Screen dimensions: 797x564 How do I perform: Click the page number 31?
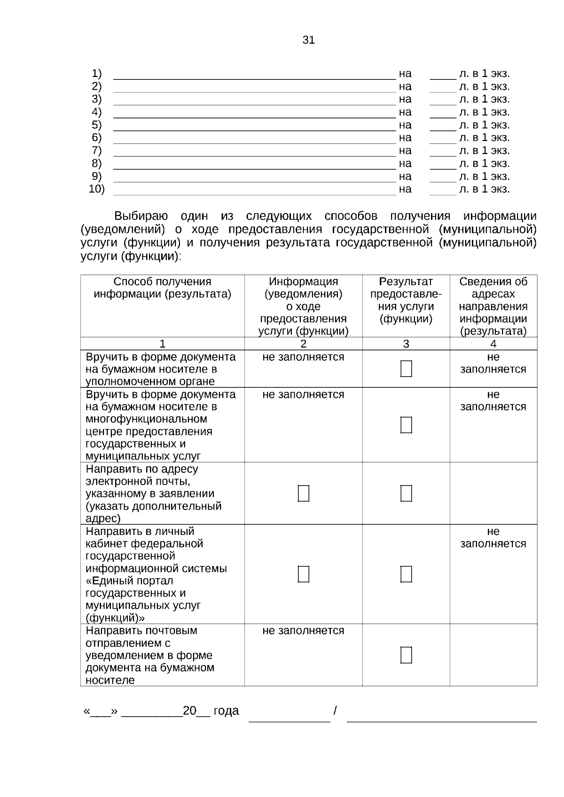308,40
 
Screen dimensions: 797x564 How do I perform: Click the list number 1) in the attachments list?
96,74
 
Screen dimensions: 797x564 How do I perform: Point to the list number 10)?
96,189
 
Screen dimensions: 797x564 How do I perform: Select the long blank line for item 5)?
254,129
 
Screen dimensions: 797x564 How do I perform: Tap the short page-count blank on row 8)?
443,168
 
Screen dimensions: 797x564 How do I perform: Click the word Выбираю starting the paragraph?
141,217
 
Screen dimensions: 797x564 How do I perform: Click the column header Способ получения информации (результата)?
162,288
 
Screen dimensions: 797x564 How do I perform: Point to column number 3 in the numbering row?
406,344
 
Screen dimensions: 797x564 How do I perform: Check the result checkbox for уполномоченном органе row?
406,369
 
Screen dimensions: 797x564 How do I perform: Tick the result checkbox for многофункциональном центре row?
406,425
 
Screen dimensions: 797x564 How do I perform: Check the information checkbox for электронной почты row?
304,494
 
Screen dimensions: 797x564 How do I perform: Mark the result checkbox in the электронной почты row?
406,494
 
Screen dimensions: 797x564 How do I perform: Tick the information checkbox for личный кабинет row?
304,574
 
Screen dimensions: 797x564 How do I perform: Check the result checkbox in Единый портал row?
406,574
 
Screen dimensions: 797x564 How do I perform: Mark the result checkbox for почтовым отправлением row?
406,655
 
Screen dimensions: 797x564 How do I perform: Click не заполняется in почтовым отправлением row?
303,631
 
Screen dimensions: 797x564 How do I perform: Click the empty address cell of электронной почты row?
493,493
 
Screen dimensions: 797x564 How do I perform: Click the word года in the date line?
226,711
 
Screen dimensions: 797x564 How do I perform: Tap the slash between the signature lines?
335,710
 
